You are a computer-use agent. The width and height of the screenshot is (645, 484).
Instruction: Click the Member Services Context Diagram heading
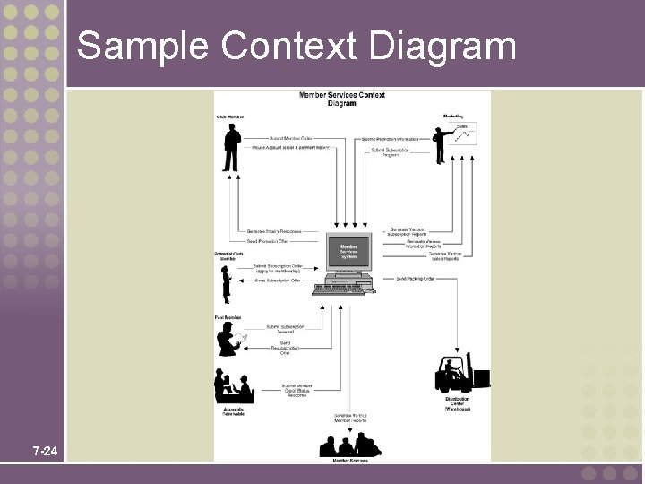click(341, 99)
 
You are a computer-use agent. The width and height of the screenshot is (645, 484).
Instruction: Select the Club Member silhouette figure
click(232, 148)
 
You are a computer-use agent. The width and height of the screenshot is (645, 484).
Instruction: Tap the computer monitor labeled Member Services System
click(348, 256)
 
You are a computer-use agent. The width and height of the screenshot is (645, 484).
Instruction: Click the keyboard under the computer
click(340, 289)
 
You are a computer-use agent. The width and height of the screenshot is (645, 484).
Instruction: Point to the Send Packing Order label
click(415, 279)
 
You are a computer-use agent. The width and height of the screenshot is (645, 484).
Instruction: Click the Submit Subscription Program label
click(391, 152)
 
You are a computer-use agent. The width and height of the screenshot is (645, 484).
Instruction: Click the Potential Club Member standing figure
click(228, 286)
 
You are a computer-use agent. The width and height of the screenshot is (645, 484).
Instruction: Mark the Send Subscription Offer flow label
click(278, 281)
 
